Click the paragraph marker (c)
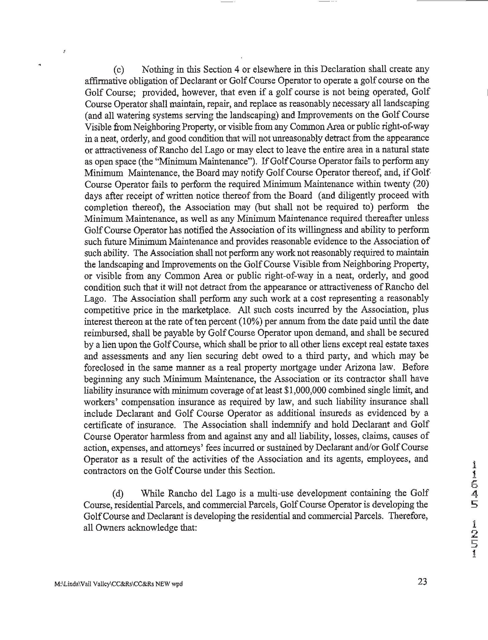click(118, 70)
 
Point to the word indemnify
click(291, 425)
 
